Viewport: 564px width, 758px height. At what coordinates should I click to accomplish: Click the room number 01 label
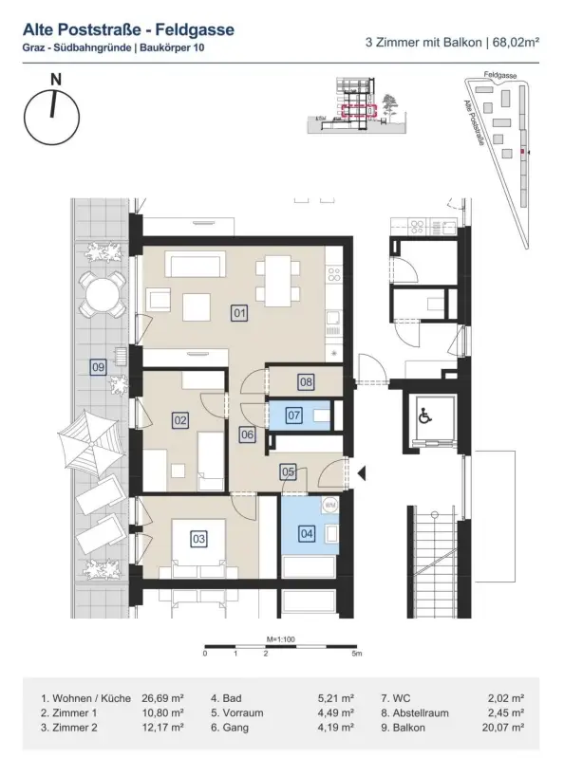tap(239, 312)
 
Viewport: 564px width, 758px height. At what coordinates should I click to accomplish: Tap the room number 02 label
tap(179, 419)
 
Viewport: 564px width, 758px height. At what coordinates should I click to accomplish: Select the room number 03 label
tap(198, 539)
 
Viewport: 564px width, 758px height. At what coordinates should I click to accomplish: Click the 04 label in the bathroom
tap(307, 534)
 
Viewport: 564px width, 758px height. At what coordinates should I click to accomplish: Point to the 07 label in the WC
tap(294, 415)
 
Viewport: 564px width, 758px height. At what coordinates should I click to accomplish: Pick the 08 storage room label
tap(306, 382)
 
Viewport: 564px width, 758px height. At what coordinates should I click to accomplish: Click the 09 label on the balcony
tap(97, 366)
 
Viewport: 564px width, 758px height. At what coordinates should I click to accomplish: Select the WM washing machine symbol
tap(330, 505)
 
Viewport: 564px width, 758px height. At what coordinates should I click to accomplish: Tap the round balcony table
tap(102, 296)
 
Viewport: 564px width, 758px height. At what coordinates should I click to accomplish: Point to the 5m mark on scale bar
tap(355, 655)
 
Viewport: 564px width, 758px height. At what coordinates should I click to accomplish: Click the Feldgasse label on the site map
tap(500, 73)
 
